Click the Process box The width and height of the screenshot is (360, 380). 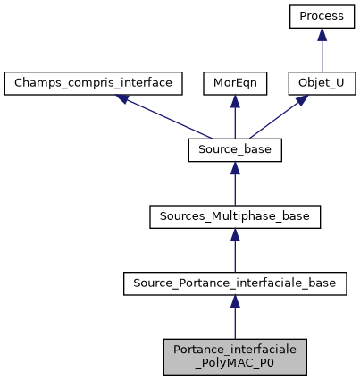[322, 17]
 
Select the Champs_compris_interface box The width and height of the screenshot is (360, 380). [94, 84]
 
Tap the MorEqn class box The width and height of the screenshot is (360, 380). [234, 84]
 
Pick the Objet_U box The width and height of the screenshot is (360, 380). [322, 84]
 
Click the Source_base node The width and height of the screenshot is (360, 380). [234, 151]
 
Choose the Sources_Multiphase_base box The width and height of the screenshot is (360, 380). [234, 217]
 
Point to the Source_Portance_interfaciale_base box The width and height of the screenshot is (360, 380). [234, 284]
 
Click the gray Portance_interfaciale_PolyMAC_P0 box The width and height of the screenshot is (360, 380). [234, 356]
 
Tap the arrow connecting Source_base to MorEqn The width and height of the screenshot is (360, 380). [234, 119]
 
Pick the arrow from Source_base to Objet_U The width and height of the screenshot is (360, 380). [277, 118]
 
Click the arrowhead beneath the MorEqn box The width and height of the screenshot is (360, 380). [234, 103]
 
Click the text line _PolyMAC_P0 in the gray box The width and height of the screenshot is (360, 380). [234, 363]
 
